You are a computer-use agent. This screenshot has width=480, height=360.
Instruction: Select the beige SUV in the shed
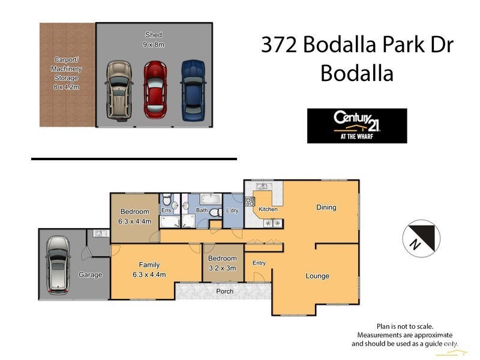click(x=119, y=89)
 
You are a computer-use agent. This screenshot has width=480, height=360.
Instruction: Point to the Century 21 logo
click(x=356, y=125)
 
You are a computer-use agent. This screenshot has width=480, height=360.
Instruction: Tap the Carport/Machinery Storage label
click(x=67, y=73)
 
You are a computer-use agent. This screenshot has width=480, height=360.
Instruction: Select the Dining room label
click(x=326, y=208)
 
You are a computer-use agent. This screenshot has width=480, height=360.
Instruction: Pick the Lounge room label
click(x=317, y=276)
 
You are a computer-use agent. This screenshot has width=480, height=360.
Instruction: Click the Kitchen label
click(x=268, y=209)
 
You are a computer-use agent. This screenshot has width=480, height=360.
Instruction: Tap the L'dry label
click(x=233, y=211)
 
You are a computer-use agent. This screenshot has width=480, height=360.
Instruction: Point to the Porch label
click(x=225, y=292)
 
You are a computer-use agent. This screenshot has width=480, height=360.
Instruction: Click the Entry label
click(x=259, y=263)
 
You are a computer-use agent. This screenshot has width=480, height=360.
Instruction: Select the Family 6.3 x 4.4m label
click(x=149, y=269)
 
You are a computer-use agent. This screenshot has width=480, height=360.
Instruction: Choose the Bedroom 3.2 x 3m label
click(x=223, y=263)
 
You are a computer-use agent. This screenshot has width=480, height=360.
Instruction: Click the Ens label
click(x=166, y=211)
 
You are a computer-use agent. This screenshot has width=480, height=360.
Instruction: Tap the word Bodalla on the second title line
click(x=356, y=73)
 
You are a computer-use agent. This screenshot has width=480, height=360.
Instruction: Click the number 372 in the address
click(x=280, y=46)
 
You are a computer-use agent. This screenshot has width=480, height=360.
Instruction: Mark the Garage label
click(x=90, y=275)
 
